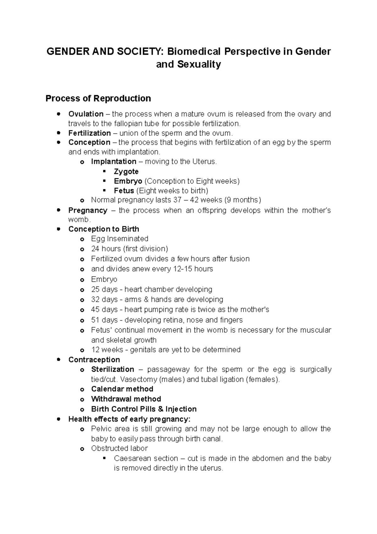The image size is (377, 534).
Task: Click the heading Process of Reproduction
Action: (x=98, y=98)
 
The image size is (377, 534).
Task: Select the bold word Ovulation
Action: (x=86, y=114)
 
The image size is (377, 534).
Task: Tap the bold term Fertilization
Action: (x=90, y=133)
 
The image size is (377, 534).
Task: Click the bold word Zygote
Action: (x=126, y=171)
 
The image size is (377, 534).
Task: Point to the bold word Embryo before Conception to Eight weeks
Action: (x=128, y=181)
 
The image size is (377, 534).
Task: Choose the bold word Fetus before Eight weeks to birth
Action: (x=124, y=191)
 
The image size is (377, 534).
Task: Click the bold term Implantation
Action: (x=113, y=162)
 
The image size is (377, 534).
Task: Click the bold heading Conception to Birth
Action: (x=104, y=229)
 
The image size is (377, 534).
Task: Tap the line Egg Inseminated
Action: (x=119, y=239)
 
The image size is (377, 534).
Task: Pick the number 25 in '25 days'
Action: (x=95, y=289)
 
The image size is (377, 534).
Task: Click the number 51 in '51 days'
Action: (x=95, y=320)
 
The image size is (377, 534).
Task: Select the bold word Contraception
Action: (x=94, y=359)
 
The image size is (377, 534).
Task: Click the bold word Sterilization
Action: (x=112, y=369)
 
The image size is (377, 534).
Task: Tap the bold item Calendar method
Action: (x=122, y=389)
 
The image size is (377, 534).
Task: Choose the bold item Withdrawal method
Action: (x=126, y=399)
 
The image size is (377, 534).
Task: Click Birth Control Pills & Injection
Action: (x=144, y=409)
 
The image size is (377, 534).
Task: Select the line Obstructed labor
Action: (x=119, y=448)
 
